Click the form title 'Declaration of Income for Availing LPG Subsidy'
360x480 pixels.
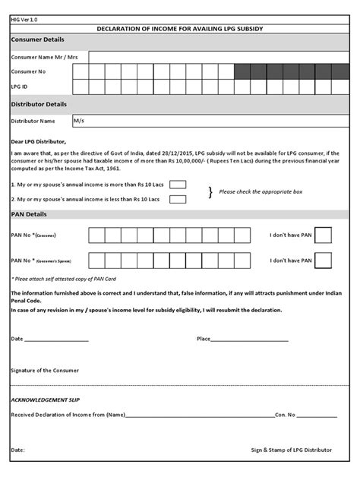click(x=180, y=28)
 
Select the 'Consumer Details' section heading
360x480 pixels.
click(x=37, y=39)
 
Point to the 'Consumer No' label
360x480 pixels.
click(x=27, y=71)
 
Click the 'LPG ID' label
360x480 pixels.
click(x=20, y=87)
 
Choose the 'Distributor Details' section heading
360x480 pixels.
click(x=39, y=104)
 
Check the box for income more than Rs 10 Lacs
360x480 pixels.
click(x=178, y=185)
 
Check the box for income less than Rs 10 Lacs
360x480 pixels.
click(x=178, y=199)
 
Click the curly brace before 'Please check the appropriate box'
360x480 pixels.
click(x=210, y=191)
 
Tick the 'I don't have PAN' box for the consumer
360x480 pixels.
click(x=323, y=235)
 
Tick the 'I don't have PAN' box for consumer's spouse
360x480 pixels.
click(x=323, y=261)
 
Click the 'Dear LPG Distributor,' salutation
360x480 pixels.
click(x=39, y=141)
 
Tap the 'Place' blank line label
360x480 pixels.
click(x=204, y=339)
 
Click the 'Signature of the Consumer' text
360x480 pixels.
click(x=45, y=370)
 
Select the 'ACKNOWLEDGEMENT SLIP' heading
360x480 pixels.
click(x=45, y=399)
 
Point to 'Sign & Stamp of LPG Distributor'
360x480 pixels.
click(x=292, y=450)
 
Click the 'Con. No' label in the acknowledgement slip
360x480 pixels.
click(x=286, y=415)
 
